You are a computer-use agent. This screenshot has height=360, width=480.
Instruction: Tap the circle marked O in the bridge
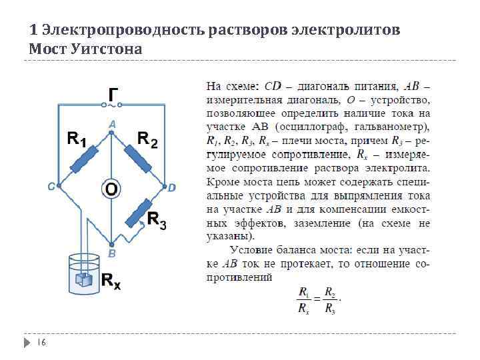pos(111,189)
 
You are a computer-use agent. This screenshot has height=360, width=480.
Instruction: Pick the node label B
pos(112,254)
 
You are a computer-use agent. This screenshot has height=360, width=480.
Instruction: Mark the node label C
pos(51,187)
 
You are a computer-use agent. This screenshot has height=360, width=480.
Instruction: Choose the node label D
pos(171,188)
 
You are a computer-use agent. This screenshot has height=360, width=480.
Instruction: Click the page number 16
pos(41,342)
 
